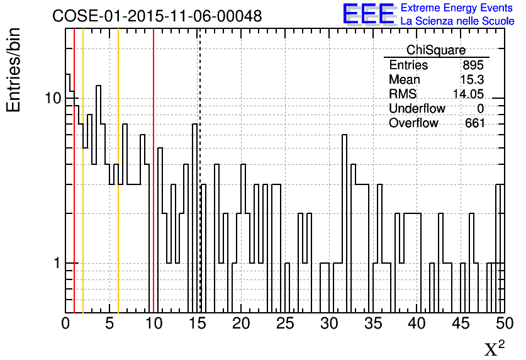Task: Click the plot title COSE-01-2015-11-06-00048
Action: (157, 16)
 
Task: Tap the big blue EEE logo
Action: (368, 14)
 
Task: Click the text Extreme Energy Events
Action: (457, 8)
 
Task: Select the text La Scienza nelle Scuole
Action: (457, 21)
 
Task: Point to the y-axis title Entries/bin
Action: (14, 70)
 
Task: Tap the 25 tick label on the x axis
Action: (285, 323)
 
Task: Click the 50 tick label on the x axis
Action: (503, 323)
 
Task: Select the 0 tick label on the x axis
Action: (66, 323)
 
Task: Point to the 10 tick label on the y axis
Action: (52, 99)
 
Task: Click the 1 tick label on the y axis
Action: (56, 263)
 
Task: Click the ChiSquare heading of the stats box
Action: (436, 50)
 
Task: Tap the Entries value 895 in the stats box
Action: (473, 65)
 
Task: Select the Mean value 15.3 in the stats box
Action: (472, 80)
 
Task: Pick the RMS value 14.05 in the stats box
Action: (468, 94)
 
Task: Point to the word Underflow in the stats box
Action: (417, 108)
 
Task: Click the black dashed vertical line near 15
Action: (199, 189)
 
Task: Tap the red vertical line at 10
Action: (154, 189)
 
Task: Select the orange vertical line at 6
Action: (118, 189)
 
